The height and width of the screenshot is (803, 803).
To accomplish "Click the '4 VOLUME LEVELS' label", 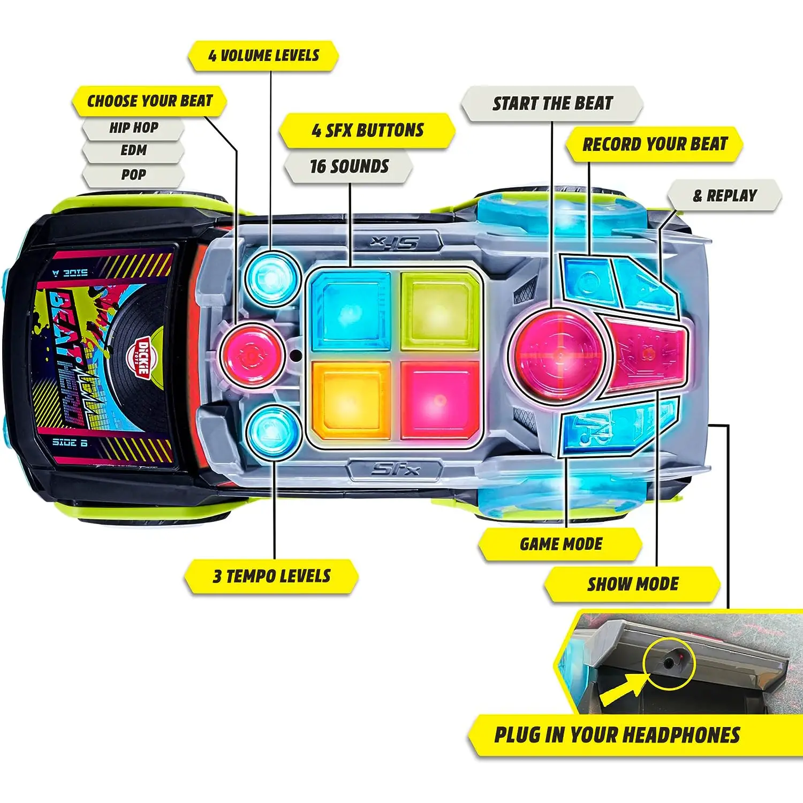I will [x=263, y=56].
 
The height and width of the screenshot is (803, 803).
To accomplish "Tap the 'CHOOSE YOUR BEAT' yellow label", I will [x=149, y=101].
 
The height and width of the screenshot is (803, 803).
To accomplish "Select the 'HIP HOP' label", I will [x=134, y=128].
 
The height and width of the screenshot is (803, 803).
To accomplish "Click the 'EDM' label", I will [x=134, y=151].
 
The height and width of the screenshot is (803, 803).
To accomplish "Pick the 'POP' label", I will [x=134, y=175].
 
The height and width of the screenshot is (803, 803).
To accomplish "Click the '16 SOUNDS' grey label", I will [x=349, y=166].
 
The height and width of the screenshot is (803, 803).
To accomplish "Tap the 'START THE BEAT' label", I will [x=552, y=103].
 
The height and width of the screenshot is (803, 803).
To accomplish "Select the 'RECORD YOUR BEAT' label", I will [x=655, y=145].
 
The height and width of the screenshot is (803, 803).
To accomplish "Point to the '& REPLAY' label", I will [x=725, y=196].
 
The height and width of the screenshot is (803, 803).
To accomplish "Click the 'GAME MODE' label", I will [x=561, y=544].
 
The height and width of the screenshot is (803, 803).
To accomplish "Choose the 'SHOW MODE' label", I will [x=633, y=584].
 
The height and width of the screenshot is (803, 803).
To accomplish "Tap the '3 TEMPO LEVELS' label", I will [x=271, y=577].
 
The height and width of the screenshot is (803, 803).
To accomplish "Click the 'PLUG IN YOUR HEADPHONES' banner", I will [x=617, y=736].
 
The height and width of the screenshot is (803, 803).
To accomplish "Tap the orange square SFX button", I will [x=351, y=398].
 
